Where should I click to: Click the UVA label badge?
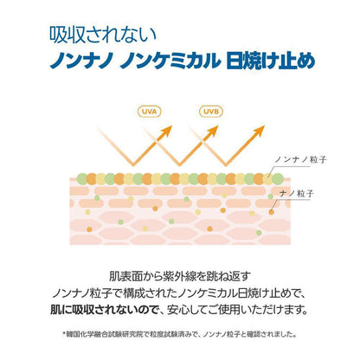149,112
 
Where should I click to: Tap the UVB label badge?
211,112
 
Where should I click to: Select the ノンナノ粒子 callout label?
300,159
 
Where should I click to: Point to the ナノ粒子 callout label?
297,193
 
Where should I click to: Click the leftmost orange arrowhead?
166,132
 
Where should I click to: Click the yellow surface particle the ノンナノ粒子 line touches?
267,179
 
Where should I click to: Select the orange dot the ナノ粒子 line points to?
272,212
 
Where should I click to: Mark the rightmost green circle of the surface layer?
278,179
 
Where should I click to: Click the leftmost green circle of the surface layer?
82,179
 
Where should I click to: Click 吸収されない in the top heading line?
103,35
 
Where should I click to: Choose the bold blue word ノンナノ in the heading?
81,61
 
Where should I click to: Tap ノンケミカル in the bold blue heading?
170,61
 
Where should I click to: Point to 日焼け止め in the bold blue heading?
271,61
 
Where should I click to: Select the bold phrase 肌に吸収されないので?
105,310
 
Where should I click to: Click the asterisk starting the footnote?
64,334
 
